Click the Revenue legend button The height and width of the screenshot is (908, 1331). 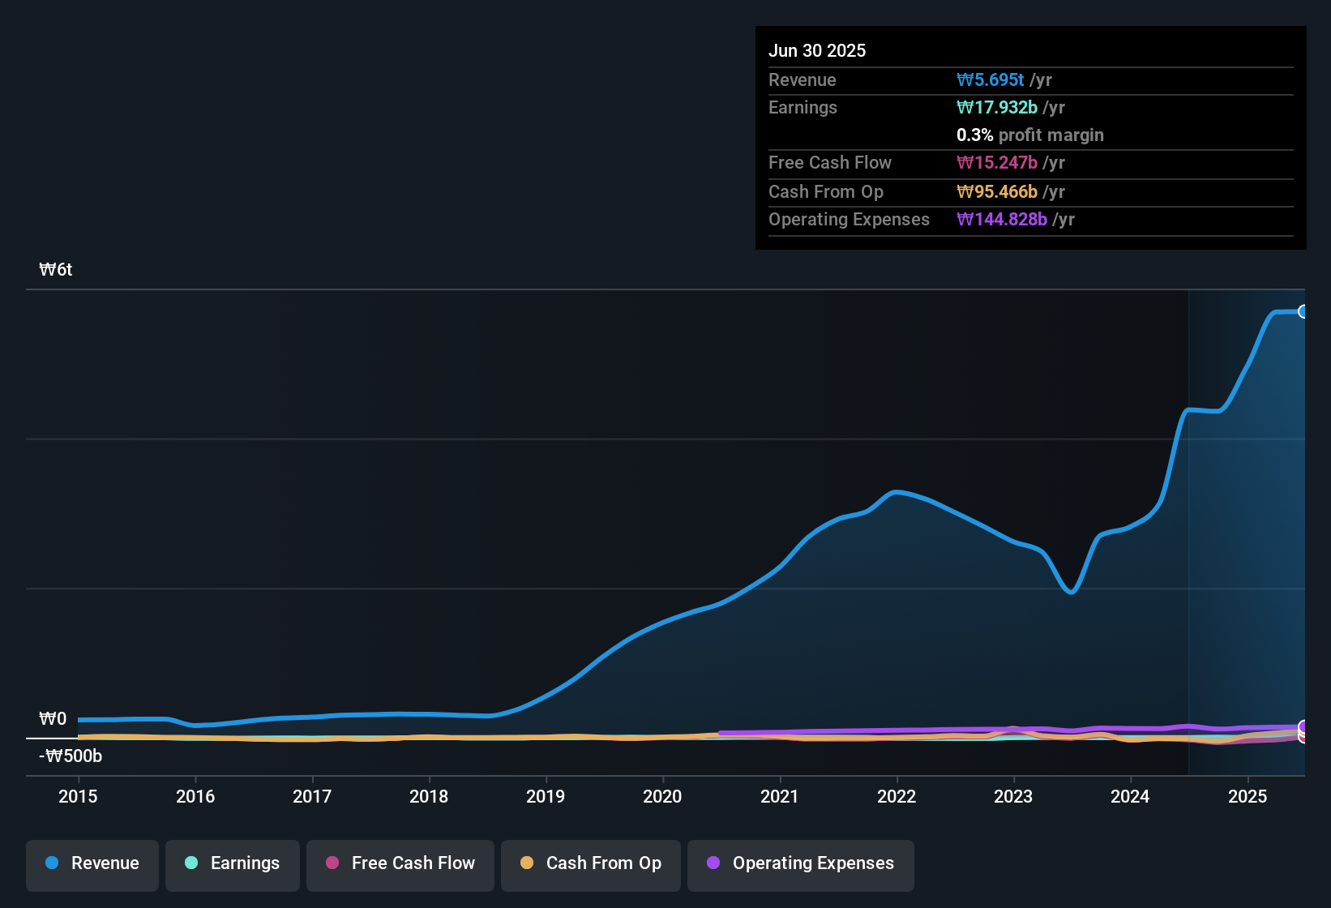tap(92, 863)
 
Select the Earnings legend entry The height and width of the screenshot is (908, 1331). tap(233, 863)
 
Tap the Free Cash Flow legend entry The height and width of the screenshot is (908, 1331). tap(400, 863)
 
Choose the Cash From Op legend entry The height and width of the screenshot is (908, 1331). tap(591, 863)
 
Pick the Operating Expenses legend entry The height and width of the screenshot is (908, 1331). tap(801, 863)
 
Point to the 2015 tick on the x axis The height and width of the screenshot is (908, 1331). tap(78, 796)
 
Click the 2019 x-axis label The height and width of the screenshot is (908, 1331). tap(546, 796)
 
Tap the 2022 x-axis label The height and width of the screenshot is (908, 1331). tap(897, 796)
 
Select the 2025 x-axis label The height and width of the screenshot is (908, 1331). tap(1248, 796)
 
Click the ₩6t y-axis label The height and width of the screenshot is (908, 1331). tap(56, 270)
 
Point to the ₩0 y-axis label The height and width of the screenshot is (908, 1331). tap(53, 719)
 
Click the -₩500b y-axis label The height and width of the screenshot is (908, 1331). tap(71, 756)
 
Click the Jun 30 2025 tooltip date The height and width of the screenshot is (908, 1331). tap(817, 50)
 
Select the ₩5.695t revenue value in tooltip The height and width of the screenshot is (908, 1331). tap(990, 79)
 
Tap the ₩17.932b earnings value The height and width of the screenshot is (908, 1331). tap(996, 107)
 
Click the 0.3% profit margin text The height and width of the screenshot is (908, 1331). tap(1029, 135)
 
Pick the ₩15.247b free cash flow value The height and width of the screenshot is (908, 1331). tap(996, 162)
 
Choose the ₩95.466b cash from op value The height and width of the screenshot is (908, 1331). tap(996, 191)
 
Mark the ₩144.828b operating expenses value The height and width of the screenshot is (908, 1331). tap(1001, 219)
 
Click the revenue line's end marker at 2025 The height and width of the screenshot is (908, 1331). tap(1303, 311)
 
